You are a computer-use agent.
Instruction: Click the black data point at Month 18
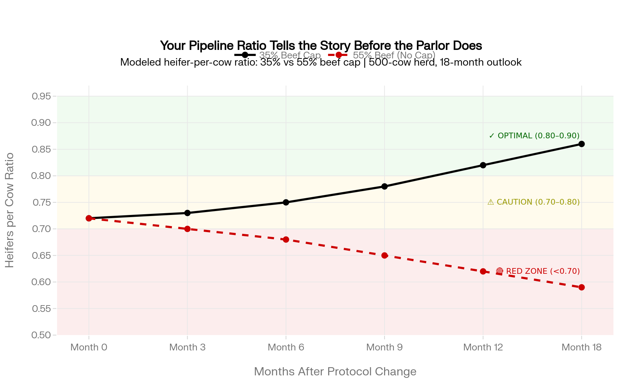(x=581, y=144)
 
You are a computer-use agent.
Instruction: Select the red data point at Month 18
(x=581, y=287)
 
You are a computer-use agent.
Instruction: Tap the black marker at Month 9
(x=384, y=186)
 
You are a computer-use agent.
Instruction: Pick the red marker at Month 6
(x=286, y=240)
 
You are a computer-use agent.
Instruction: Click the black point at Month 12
(x=483, y=165)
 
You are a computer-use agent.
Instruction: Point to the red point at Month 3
(x=188, y=229)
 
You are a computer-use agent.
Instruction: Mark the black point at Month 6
(x=286, y=202)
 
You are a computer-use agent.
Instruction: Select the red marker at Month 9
(x=384, y=256)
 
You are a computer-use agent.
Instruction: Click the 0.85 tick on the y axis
(x=42, y=149)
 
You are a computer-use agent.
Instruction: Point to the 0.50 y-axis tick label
(x=42, y=335)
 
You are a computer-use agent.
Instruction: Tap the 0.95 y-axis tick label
(x=42, y=96)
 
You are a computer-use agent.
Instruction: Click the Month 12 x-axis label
(x=483, y=347)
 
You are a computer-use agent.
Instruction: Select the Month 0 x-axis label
(x=89, y=347)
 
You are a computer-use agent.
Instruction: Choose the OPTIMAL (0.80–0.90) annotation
(x=534, y=136)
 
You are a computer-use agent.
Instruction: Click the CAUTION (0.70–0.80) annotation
(x=534, y=202)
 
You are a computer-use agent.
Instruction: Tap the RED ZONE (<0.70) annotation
(x=538, y=271)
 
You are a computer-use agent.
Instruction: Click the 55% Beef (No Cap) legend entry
(x=382, y=55)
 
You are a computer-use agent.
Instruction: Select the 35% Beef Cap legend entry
(x=277, y=55)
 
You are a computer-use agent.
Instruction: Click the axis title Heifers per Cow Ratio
(x=10, y=210)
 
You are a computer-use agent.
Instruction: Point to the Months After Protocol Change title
(x=335, y=371)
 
